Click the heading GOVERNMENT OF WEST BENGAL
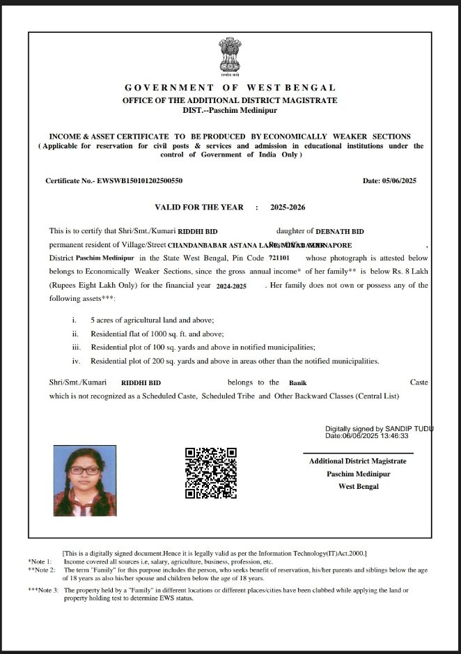(230, 88)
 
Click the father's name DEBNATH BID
(341, 231)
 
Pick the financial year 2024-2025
(231, 286)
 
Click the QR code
(211, 473)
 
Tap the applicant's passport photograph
(84, 481)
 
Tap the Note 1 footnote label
(40, 561)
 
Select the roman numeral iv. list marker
(77, 361)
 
